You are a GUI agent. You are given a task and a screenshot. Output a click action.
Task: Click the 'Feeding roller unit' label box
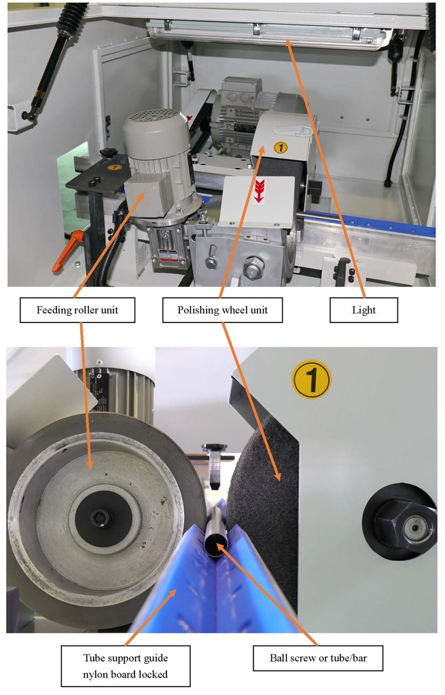click(x=77, y=309)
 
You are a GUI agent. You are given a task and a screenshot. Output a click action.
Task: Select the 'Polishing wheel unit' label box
click(x=222, y=309)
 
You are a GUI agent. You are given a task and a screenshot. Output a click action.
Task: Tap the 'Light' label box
click(x=363, y=309)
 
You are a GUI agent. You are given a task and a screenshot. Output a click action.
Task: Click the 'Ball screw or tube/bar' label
click(x=318, y=658)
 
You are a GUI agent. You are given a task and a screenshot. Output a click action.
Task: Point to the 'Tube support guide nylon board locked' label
click(x=126, y=666)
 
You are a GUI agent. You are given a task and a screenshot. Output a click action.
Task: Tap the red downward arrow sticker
click(x=259, y=191)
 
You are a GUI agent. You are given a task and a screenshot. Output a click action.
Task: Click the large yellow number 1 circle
click(x=311, y=379)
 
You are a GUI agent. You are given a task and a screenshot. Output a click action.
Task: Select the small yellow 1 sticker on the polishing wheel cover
click(x=281, y=147)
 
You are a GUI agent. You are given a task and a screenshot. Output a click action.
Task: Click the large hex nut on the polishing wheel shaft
click(x=406, y=525)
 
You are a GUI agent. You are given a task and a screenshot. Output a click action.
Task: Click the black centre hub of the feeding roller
click(x=103, y=516)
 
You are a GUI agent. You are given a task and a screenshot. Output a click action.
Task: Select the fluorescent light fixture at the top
click(x=268, y=33)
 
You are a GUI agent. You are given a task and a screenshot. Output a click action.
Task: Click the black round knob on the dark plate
click(x=108, y=153)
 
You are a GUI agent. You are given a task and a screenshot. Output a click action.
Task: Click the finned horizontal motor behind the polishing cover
click(x=235, y=111)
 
